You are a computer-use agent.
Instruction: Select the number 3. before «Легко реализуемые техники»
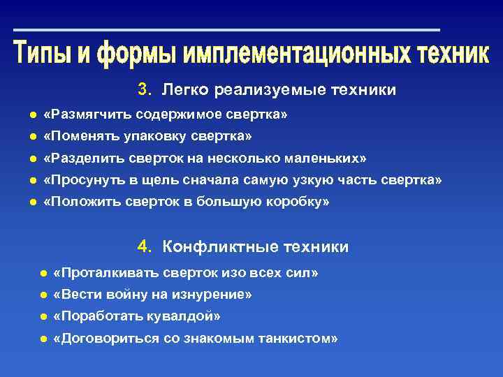145,89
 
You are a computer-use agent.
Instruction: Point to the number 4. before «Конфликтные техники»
145,246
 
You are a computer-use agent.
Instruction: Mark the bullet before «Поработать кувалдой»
43,316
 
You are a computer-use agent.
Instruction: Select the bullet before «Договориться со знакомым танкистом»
43,339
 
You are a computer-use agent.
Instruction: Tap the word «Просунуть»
84,180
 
